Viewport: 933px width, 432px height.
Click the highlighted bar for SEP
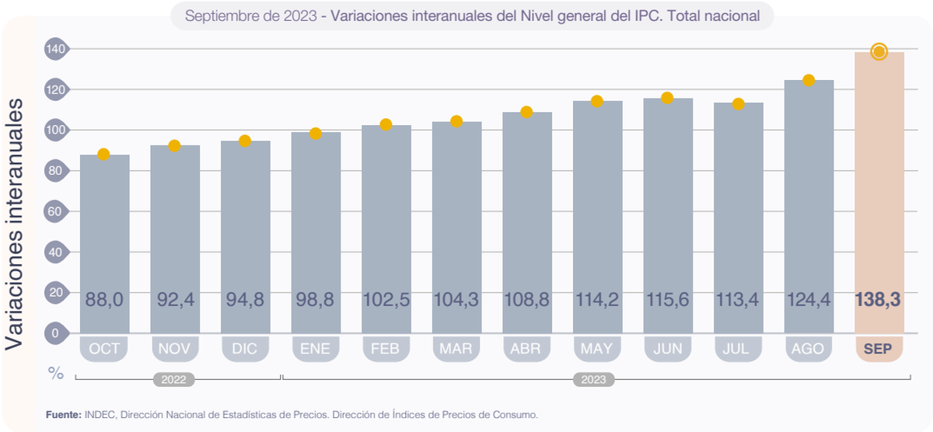point(879,194)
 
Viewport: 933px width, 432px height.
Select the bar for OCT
point(104,233)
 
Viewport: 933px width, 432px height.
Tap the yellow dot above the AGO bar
point(809,81)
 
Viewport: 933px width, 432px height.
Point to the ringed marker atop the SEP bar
point(879,52)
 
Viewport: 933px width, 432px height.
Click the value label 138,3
point(879,300)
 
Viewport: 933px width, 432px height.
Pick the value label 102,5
point(386,300)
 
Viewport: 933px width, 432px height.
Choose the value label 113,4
point(738,300)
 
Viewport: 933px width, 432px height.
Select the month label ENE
point(316,349)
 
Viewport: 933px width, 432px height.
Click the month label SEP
point(879,349)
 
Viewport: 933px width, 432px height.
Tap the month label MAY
point(597,349)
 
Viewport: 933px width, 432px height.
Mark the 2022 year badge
point(173,380)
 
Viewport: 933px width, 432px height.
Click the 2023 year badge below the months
point(594,380)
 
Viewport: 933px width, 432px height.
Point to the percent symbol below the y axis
point(55,374)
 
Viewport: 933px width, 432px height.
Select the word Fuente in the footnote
point(63,415)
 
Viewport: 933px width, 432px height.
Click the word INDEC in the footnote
point(100,415)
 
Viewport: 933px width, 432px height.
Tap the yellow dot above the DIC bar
point(245,141)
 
